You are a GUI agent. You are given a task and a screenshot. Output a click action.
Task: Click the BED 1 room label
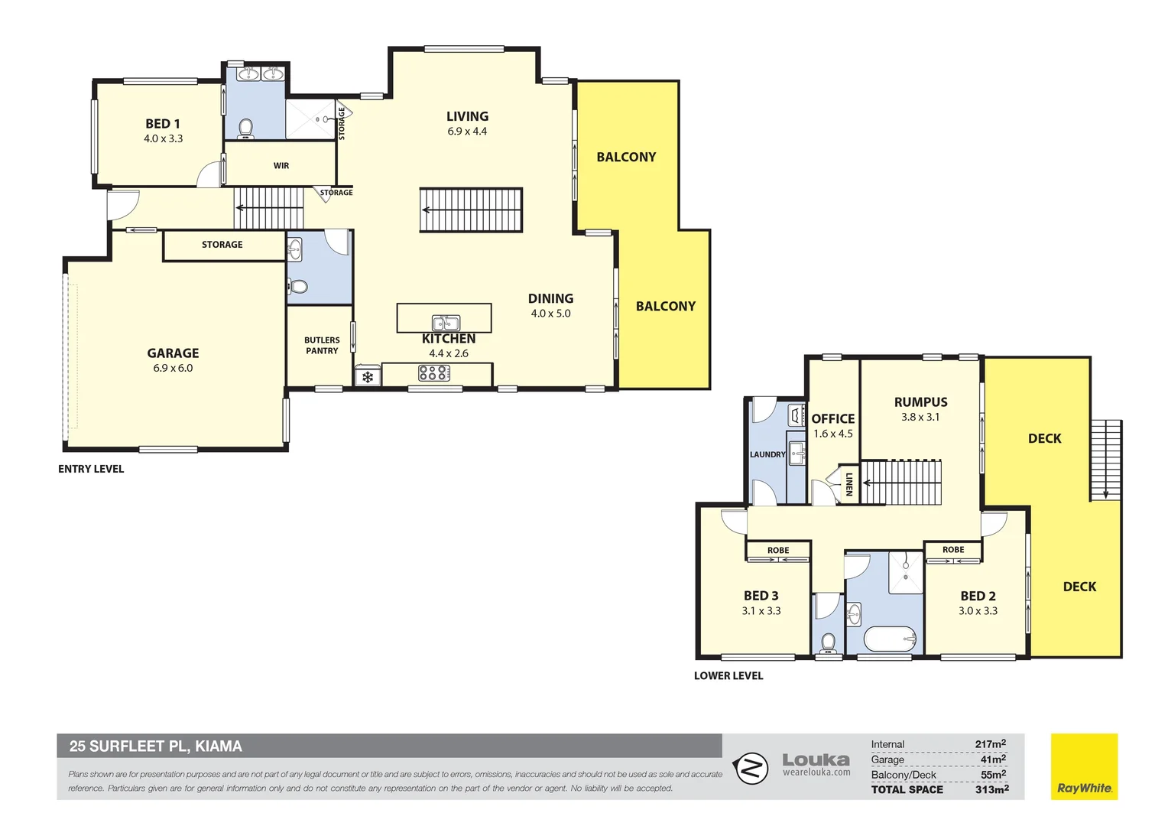[x=163, y=124]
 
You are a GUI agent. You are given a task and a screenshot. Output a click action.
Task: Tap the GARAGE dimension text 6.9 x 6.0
[x=173, y=368]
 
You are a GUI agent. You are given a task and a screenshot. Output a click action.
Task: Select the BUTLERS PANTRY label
[x=322, y=346]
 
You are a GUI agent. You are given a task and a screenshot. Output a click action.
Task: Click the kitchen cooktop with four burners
[x=433, y=373]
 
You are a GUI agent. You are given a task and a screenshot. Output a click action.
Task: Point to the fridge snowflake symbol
[x=368, y=377]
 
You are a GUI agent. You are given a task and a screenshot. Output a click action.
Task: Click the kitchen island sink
[x=446, y=323]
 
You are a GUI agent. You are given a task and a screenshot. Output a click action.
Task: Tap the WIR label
[x=281, y=166]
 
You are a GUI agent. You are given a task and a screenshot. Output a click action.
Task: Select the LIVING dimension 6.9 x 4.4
[x=467, y=132]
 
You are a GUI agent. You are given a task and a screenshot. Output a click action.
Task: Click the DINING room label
[x=550, y=298]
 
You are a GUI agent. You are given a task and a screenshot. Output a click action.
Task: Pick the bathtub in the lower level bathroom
[x=890, y=639]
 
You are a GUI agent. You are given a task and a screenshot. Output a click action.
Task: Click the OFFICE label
[x=833, y=418]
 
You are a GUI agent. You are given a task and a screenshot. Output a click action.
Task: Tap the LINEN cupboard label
[x=848, y=484]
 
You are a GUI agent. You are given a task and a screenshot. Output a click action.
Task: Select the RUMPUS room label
[x=920, y=402]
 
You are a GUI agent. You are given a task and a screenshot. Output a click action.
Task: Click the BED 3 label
[x=761, y=596]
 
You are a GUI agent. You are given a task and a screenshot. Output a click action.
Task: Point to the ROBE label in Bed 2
[x=953, y=550]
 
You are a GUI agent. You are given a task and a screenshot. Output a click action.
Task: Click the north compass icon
[x=751, y=768]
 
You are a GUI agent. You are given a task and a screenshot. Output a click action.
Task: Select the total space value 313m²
[x=991, y=789]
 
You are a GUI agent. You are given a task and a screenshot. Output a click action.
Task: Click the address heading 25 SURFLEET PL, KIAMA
[x=156, y=746]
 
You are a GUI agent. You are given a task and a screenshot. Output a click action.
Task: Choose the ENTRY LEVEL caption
[x=91, y=469]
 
